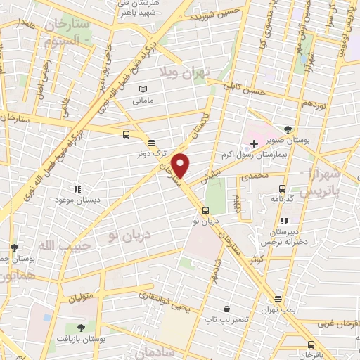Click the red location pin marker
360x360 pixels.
click(x=181, y=165)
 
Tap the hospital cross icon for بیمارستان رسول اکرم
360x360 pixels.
click(x=254, y=143)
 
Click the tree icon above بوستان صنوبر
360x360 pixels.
click(x=288, y=128)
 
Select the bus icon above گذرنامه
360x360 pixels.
click(x=282, y=188)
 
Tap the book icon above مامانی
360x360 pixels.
click(x=143, y=90)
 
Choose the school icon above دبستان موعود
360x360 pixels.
click(x=77, y=189)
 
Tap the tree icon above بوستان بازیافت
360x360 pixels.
click(x=82, y=327)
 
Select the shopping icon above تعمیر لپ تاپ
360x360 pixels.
click(x=226, y=308)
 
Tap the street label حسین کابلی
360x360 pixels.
click(x=243, y=90)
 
